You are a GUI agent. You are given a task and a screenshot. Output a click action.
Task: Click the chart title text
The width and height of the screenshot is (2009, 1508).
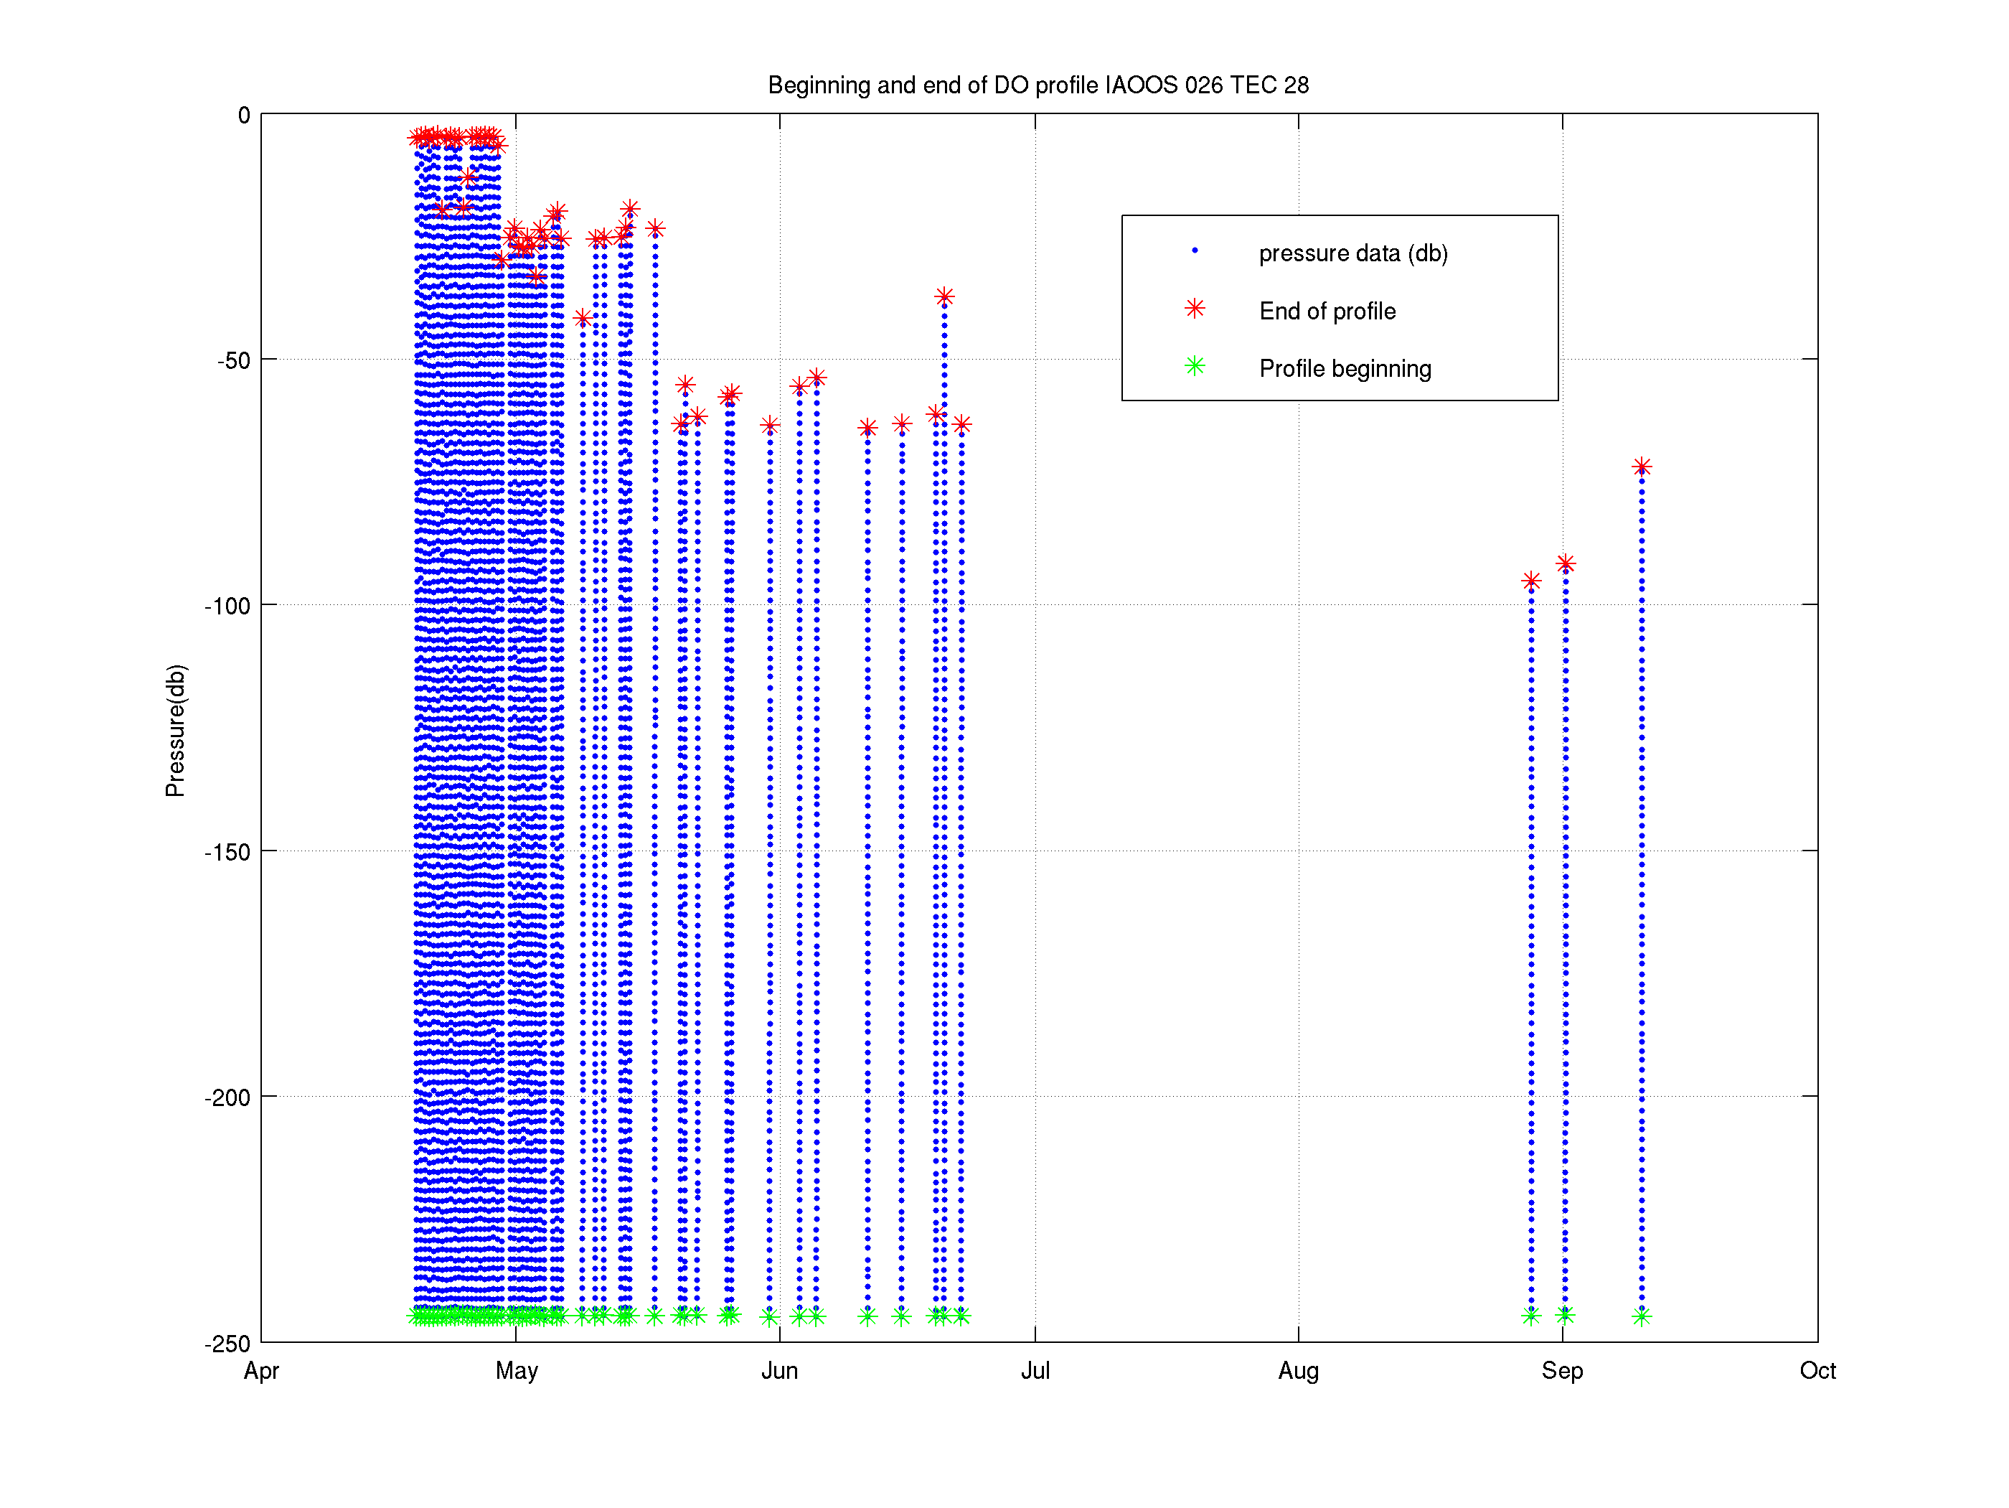click(1038, 85)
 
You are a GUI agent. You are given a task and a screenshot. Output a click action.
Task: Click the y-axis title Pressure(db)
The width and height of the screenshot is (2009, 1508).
click(175, 731)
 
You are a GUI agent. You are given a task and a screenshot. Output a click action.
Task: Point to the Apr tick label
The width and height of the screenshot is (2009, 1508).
click(262, 1371)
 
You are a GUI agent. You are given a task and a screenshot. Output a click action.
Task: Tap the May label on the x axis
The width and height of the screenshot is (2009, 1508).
click(517, 1371)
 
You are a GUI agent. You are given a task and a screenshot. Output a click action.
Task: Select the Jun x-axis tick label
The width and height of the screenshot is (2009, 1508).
click(779, 1371)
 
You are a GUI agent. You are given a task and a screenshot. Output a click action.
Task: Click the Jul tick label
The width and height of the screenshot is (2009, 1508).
click(1035, 1371)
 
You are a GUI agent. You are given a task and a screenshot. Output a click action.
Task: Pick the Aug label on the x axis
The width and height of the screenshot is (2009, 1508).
click(1299, 1371)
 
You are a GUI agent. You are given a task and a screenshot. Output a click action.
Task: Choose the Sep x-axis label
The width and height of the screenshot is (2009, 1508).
click(1562, 1371)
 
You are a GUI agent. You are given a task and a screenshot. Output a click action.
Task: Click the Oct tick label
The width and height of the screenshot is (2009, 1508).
click(1817, 1371)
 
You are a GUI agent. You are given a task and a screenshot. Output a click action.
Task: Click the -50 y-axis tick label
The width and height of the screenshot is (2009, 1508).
click(233, 360)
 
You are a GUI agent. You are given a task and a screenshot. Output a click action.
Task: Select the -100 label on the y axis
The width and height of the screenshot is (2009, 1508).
click(227, 606)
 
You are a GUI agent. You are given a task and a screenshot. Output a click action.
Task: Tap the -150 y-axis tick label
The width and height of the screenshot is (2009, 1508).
click(227, 852)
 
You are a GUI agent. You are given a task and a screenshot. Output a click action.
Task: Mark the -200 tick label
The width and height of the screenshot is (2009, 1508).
click(227, 1097)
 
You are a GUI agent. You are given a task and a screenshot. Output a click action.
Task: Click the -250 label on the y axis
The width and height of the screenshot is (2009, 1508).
click(227, 1344)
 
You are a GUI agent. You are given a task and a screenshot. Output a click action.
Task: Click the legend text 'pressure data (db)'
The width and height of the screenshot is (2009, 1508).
click(1353, 253)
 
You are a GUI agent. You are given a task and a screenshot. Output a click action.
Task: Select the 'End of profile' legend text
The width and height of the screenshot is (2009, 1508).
click(1327, 312)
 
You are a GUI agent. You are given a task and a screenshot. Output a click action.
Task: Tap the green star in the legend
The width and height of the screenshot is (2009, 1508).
click(1195, 366)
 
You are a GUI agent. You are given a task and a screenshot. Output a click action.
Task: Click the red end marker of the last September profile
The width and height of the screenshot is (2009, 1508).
click(1641, 467)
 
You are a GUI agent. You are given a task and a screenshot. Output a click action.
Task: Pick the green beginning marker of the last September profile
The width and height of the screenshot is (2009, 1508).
click(1641, 1316)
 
